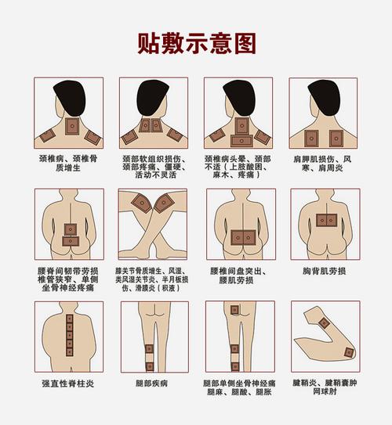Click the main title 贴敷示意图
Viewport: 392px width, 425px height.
coord(196,41)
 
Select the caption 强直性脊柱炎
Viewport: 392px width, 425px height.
coord(67,384)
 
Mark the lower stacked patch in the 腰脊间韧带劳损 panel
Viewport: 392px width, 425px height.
coord(71,241)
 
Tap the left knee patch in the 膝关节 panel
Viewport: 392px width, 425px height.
coord(142,203)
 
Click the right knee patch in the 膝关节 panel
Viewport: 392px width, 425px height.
coord(164,203)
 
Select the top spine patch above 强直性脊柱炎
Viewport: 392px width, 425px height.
coord(70,319)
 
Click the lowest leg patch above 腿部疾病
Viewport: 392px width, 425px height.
coord(150,366)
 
